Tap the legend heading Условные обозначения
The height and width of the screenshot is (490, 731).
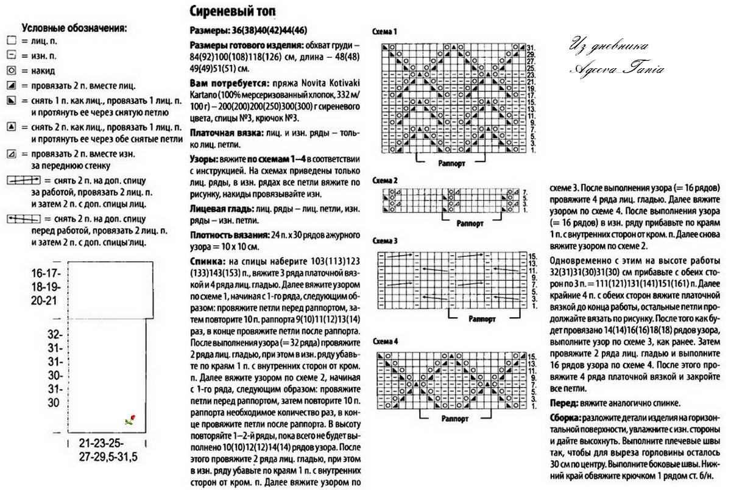[74, 27]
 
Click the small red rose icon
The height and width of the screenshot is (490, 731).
[130, 419]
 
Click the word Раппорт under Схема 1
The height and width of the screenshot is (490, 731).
[452, 163]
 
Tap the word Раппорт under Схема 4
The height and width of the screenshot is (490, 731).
[456, 419]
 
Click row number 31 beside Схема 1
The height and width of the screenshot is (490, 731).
[531, 47]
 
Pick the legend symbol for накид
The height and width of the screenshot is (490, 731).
[11, 71]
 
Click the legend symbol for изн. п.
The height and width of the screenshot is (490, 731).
[11, 55]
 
